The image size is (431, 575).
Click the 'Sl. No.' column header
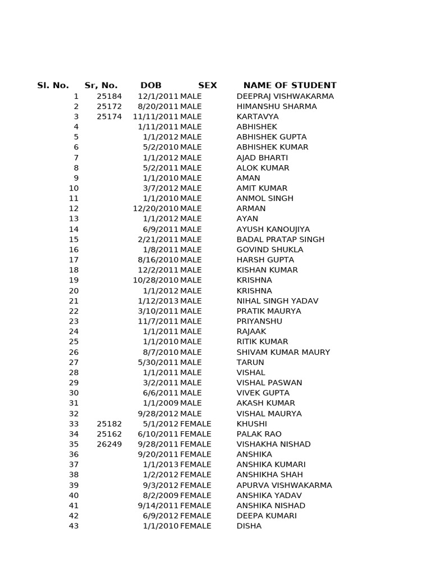[53, 86]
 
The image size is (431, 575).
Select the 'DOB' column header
[151, 86]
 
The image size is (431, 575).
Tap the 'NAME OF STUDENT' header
[290, 86]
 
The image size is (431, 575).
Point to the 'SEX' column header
[207, 86]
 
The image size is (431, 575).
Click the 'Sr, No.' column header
[101, 86]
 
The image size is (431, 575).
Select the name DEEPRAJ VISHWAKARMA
[285, 97]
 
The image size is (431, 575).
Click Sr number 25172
[109, 107]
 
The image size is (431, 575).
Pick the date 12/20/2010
[155, 209]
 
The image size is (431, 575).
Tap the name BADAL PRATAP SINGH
[281, 240]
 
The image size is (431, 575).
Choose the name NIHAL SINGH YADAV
[277, 301]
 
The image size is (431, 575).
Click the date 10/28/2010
[155, 280]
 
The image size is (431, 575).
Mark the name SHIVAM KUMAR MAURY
[283, 352]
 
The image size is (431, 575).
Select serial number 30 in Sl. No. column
[74, 393]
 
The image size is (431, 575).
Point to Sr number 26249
[109, 444]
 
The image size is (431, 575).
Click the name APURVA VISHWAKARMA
[284, 485]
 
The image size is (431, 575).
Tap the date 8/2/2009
[161, 495]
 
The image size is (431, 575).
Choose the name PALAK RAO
[259, 434]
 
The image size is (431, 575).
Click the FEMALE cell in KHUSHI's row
[195, 424]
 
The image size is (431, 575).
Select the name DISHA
[249, 526]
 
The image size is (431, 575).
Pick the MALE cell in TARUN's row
[191, 363]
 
